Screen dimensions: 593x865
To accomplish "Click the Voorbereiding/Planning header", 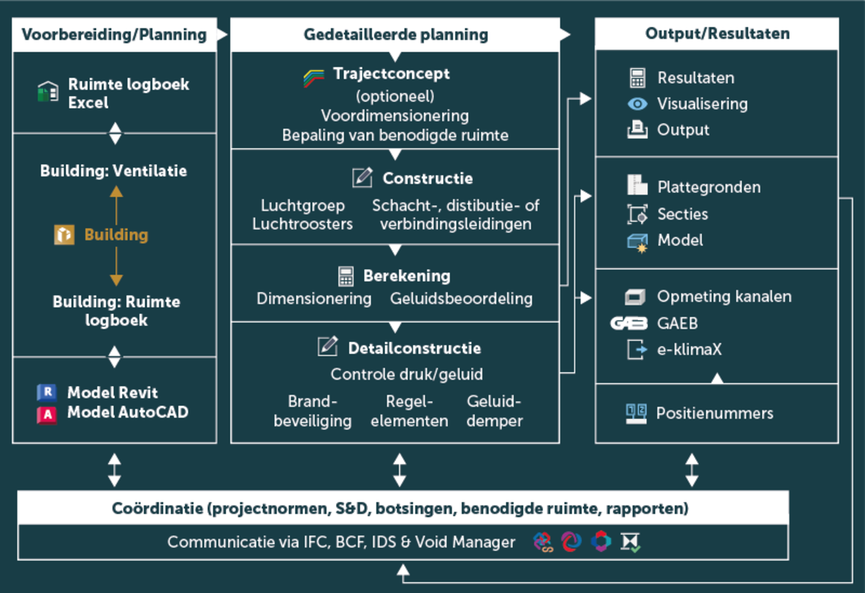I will tap(114, 34).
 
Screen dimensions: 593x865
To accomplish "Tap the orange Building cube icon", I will tap(64, 235).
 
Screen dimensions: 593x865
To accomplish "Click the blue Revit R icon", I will tap(47, 392).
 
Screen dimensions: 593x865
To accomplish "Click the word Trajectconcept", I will tap(391, 74).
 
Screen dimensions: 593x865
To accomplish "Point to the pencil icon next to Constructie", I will tap(362, 177).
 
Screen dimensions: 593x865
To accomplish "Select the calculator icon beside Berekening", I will tap(345, 276).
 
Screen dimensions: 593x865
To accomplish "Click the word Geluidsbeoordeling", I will tap(461, 298).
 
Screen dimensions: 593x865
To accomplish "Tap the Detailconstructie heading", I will tap(414, 348).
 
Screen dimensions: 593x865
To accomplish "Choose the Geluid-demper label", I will tap(494, 411).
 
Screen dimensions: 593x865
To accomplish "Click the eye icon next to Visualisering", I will tap(637, 104).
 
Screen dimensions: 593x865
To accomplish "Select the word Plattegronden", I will tap(709, 187).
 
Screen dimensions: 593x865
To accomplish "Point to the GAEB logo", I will tap(629, 323).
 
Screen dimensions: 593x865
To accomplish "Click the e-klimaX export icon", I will tap(637, 349).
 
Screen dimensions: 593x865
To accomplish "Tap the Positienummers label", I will tap(715, 413).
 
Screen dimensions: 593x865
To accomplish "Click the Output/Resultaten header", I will tap(717, 33).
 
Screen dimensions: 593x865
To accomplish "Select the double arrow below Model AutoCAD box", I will tap(114, 470).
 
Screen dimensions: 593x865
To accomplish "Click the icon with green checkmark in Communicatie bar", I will tap(630, 542).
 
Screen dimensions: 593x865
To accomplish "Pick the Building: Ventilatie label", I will tap(114, 171).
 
